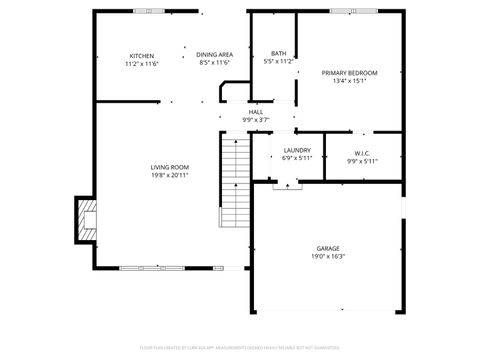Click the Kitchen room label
coord(142,55)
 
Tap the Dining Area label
coord(215,54)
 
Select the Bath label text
coord(278,53)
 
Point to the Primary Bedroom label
coord(349,72)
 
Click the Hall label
coord(256,112)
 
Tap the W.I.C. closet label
coord(361,152)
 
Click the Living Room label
coord(170,167)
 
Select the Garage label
coord(329,248)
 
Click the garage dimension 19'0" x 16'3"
coord(329,256)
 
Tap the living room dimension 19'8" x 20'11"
coord(170,175)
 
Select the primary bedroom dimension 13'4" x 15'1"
coord(349,81)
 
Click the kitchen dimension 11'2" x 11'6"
coord(142,63)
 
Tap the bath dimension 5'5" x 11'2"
coord(278,61)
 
